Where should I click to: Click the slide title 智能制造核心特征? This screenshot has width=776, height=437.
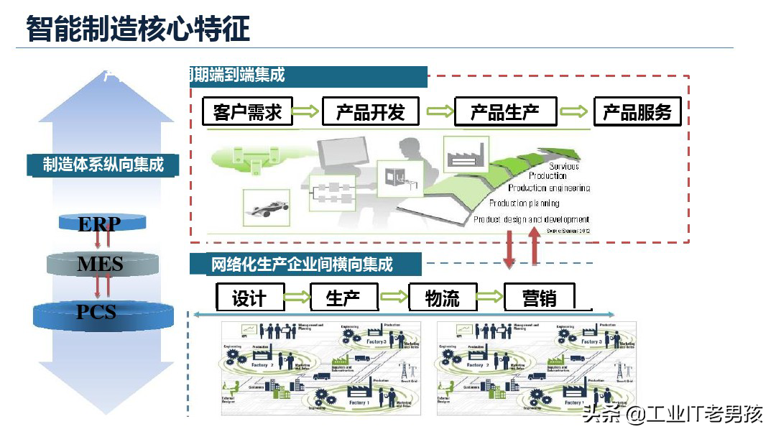[x=138, y=29]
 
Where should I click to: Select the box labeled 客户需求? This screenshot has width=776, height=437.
[x=247, y=112]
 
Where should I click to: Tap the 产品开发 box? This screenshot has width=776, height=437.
[x=371, y=112]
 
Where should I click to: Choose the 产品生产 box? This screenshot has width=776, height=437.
[x=504, y=112]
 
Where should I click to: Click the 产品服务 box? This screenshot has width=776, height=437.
[x=637, y=112]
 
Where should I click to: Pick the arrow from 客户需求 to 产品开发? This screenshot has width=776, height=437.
[x=305, y=111]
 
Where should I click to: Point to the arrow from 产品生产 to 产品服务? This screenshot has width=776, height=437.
[x=574, y=111]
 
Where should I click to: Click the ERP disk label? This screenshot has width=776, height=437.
[x=99, y=224]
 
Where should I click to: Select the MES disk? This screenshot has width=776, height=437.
[x=100, y=264]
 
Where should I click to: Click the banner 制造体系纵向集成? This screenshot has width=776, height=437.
[x=103, y=165]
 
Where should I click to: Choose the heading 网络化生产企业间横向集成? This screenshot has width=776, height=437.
[x=302, y=264]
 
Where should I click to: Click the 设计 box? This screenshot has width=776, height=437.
[x=249, y=298]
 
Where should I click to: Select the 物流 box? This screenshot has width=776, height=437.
[x=443, y=298]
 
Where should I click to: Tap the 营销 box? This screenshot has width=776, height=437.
[x=539, y=298]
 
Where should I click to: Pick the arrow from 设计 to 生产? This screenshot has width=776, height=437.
[x=297, y=297]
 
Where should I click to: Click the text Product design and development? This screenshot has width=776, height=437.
[x=531, y=219]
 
